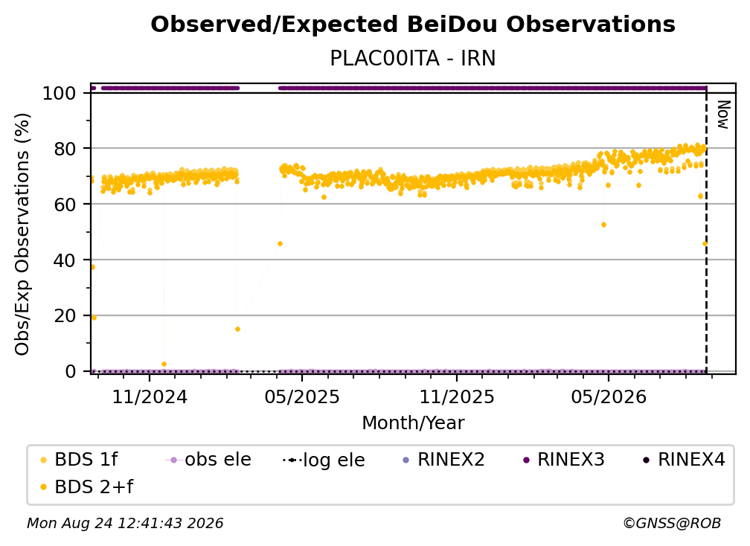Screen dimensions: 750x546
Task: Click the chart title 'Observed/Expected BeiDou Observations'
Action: pyautogui.click(x=413, y=25)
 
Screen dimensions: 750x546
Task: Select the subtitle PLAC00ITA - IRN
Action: pyautogui.click(x=413, y=58)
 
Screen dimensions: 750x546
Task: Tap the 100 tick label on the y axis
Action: pyautogui.click(x=60, y=93)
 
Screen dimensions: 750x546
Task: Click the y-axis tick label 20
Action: pyautogui.click(x=65, y=316)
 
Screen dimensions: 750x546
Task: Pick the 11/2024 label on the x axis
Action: pyautogui.click(x=150, y=396)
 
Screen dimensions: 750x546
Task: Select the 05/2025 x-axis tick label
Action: pyautogui.click(x=302, y=396)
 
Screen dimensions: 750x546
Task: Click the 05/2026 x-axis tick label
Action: pyautogui.click(x=609, y=396)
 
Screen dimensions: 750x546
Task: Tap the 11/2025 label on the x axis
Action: pyautogui.click(x=457, y=396)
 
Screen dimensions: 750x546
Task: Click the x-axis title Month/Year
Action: pyautogui.click(x=413, y=423)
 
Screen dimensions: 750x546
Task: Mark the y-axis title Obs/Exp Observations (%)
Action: pyautogui.click(x=22, y=234)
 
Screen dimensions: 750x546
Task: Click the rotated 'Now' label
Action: pyautogui.click(x=723, y=115)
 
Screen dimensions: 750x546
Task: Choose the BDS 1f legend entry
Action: pyautogui.click(x=79, y=460)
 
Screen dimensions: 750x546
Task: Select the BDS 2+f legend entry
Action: pyautogui.click(x=86, y=486)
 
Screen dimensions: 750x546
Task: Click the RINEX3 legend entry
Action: pyautogui.click(x=565, y=460)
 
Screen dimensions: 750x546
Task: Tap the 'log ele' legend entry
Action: pyautogui.click(x=324, y=460)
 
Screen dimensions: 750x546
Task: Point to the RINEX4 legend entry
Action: pyautogui.click(x=684, y=460)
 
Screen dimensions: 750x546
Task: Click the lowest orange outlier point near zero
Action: pyautogui.click(x=164, y=364)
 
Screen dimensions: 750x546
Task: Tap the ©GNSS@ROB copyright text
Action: pyautogui.click(x=672, y=524)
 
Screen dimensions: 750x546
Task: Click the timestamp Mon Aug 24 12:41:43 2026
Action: pyautogui.click(x=125, y=524)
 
